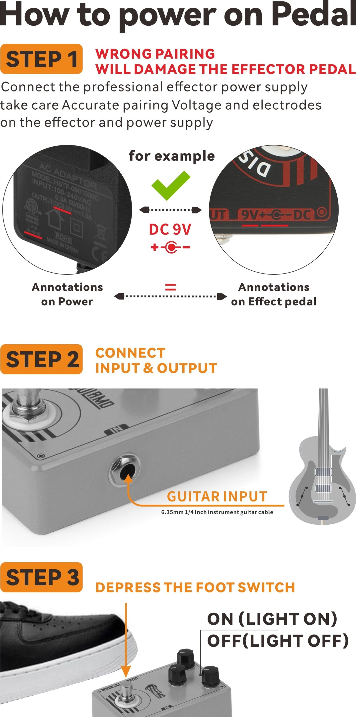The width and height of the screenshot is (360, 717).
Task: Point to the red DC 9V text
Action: click(x=170, y=229)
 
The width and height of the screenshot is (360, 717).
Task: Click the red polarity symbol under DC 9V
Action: click(x=170, y=247)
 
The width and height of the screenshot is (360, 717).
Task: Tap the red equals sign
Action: click(x=170, y=287)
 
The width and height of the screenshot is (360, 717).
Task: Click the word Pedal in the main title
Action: click(x=314, y=14)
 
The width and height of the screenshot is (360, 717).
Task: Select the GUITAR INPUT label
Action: click(x=217, y=497)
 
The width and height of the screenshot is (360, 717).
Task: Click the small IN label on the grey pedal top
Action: click(x=116, y=429)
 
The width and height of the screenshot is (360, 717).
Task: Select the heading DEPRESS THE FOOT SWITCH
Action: click(x=195, y=587)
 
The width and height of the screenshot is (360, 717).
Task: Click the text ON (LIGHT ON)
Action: click(x=272, y=619)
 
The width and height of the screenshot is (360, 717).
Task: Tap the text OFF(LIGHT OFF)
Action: click(x=278, y=641)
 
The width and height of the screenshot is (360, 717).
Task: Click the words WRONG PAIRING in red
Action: click(x=155, y=54)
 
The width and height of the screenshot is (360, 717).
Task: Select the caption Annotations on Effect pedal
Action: click(x=274, y=294)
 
